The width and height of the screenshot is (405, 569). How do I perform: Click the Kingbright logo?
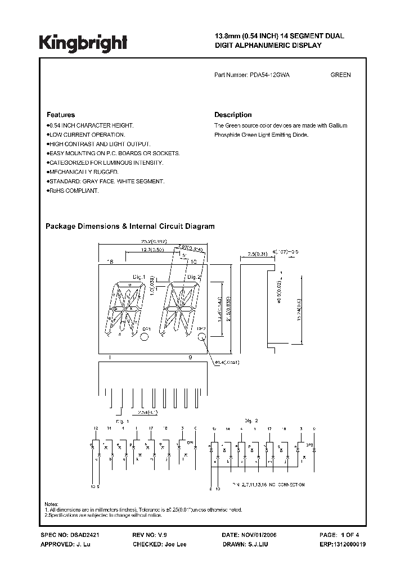(83, 42)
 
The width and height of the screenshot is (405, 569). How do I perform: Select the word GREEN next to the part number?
(340, 75)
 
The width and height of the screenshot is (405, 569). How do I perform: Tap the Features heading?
(60, 115)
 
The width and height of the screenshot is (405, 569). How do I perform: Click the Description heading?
(233, 115)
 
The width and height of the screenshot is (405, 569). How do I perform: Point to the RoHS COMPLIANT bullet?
(74, 191)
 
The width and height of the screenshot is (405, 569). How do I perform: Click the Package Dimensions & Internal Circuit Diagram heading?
(130, 227)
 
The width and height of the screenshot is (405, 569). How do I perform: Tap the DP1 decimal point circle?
(145, 337)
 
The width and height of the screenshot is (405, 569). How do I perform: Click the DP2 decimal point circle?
(202, 337)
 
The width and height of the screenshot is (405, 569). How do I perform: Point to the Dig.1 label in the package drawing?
(139, 277)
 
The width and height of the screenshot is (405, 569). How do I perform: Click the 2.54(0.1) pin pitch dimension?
(148, 413)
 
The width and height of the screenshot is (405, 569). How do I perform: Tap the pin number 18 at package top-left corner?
(110, 263)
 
